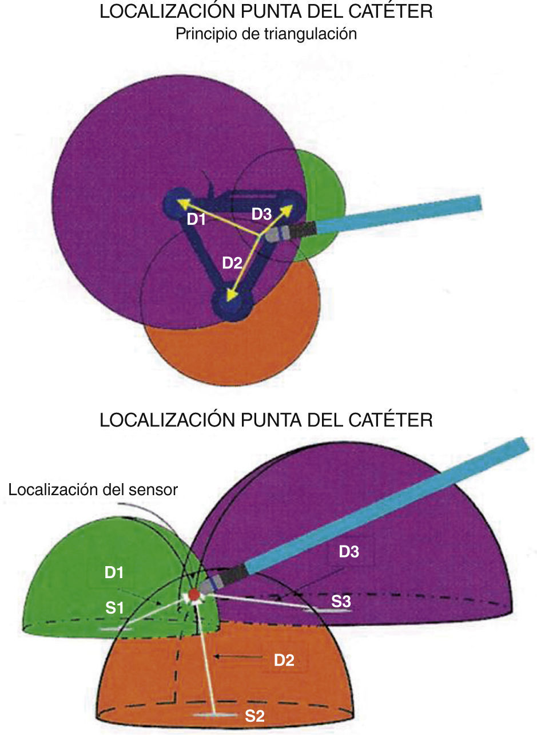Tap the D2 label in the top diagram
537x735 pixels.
[232, 263]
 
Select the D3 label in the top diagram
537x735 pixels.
[261, 214]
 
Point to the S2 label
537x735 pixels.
[254, 715]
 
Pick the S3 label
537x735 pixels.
[341, 600]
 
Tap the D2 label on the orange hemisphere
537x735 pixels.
[284, 660]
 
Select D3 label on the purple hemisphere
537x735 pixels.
[349, 552]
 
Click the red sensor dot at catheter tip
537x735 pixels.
[194, 596]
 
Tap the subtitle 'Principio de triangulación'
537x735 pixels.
[266, 34]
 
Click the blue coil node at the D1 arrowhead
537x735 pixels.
[172, 202]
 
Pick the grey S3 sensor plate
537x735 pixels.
[327, 610]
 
